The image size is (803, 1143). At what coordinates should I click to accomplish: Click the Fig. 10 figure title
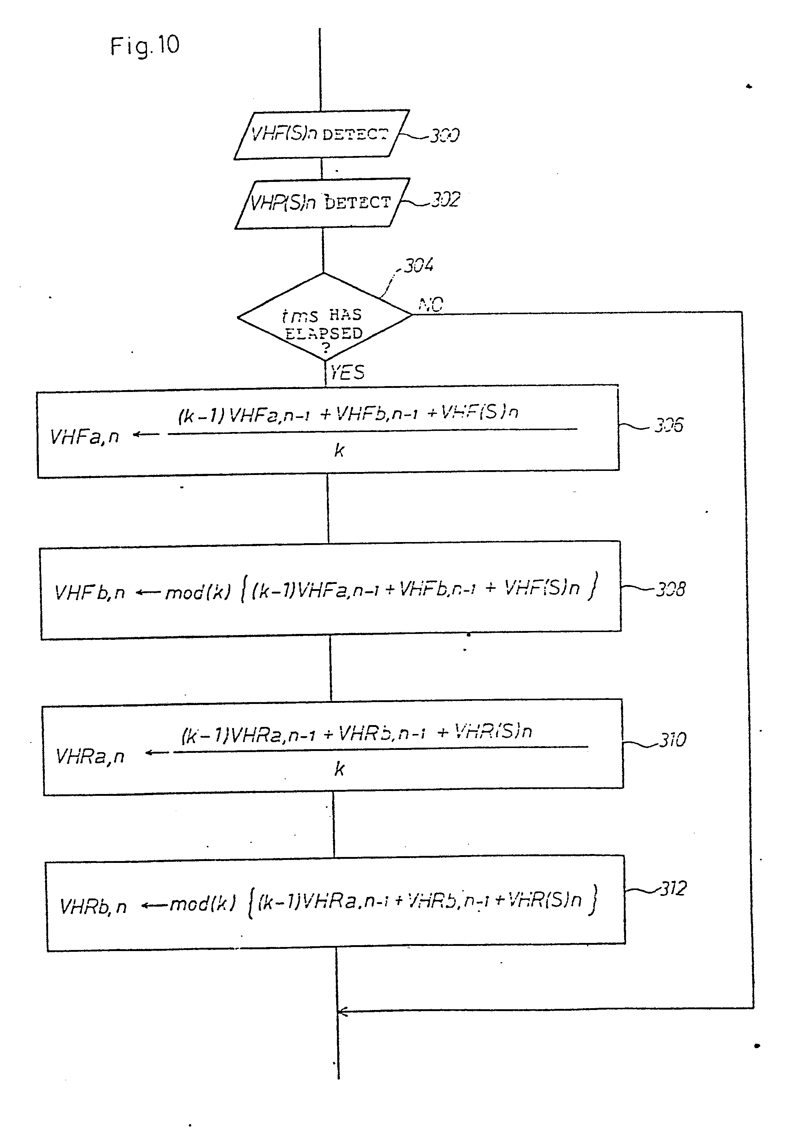[144, 46]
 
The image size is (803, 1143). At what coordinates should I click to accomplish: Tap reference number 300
[444, 135]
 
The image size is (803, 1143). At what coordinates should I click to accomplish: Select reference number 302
[445, 200]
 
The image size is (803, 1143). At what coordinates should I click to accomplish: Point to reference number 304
[418, 265]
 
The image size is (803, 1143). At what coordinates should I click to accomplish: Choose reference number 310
[673, 740]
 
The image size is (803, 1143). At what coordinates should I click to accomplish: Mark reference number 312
[673, 888]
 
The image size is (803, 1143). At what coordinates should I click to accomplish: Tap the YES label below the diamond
[347, 372]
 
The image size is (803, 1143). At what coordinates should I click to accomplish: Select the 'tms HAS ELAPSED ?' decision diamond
[324, 317]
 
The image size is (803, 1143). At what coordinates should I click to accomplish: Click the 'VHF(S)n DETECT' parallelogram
[321, 134]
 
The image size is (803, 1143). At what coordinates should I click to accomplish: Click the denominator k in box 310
[339, 769]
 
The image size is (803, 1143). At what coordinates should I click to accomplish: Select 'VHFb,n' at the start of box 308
[89, 592]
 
